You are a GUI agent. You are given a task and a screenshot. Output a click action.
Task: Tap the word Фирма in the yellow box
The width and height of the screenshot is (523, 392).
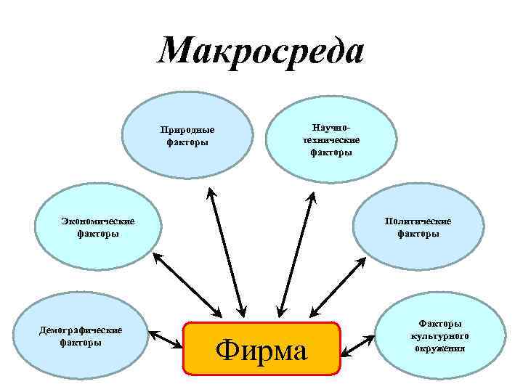262,350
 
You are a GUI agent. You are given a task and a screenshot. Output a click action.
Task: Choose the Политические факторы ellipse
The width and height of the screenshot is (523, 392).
418,226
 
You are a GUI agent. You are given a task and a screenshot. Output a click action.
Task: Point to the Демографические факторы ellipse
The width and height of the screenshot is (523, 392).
80,335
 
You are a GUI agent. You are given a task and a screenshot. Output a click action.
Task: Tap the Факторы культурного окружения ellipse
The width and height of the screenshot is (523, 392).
440,335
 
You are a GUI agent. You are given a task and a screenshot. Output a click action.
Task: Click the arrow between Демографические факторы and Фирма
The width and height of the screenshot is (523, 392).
166,338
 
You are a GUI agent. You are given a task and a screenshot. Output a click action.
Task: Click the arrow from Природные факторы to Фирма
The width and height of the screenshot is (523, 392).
225,251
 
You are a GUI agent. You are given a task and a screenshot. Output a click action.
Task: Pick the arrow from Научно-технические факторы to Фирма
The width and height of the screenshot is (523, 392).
296,251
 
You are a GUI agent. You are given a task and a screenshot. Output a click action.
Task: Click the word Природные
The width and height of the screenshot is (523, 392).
187,131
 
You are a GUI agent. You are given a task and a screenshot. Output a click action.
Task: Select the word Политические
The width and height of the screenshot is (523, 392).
418,221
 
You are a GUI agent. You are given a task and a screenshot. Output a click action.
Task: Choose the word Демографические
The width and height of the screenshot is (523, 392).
80,330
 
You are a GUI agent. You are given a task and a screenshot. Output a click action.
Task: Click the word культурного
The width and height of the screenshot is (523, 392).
440,336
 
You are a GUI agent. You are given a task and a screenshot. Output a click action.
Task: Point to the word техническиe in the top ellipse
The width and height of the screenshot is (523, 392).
331,140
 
